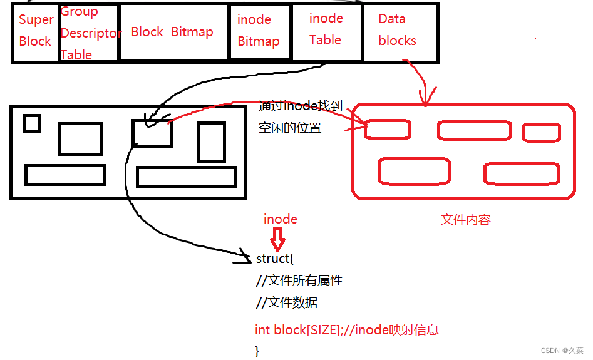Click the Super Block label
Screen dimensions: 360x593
point(36,31)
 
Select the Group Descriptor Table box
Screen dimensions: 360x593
point(89,33)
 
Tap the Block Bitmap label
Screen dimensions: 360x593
point(172,32)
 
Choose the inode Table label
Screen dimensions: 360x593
point(326,29)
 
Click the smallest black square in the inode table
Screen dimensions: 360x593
point(31,123)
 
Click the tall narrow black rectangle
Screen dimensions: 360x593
point(211,142)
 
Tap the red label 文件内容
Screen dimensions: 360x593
point(465,220)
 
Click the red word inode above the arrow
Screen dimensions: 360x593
point(280,219)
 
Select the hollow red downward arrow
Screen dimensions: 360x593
point(277,239)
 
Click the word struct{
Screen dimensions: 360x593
point(274,259)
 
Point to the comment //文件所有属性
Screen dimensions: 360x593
point(299,281)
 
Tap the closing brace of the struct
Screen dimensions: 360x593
point(257,351)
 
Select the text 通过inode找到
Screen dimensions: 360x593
point(301,106)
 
